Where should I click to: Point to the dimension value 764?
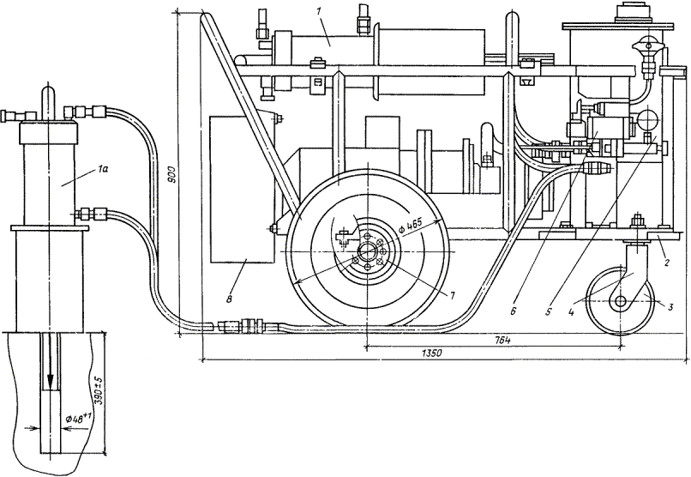[502, 341]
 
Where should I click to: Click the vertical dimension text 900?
[171, 176]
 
